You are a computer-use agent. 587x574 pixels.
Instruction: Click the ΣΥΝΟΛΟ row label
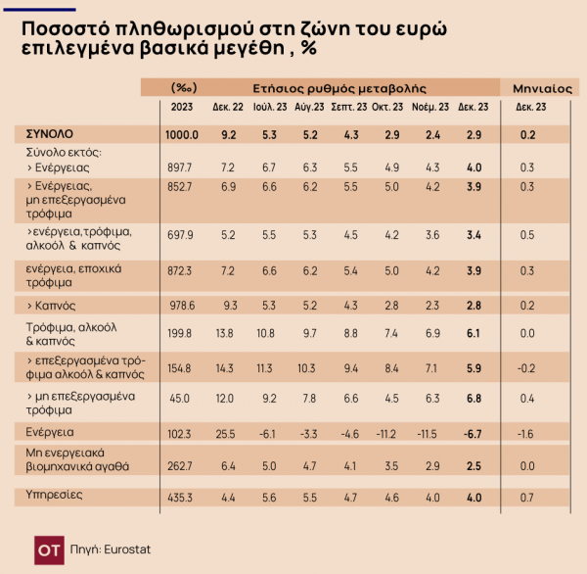coord(48,133)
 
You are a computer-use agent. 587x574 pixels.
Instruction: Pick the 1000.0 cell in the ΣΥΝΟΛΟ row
coord(183,134)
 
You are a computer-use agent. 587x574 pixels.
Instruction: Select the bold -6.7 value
coord(474,432)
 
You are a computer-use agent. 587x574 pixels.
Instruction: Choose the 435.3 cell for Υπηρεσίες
coord(183,498)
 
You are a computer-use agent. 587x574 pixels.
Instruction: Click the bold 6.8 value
coord(474,398)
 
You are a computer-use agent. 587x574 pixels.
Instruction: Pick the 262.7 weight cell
coord(183,465)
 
